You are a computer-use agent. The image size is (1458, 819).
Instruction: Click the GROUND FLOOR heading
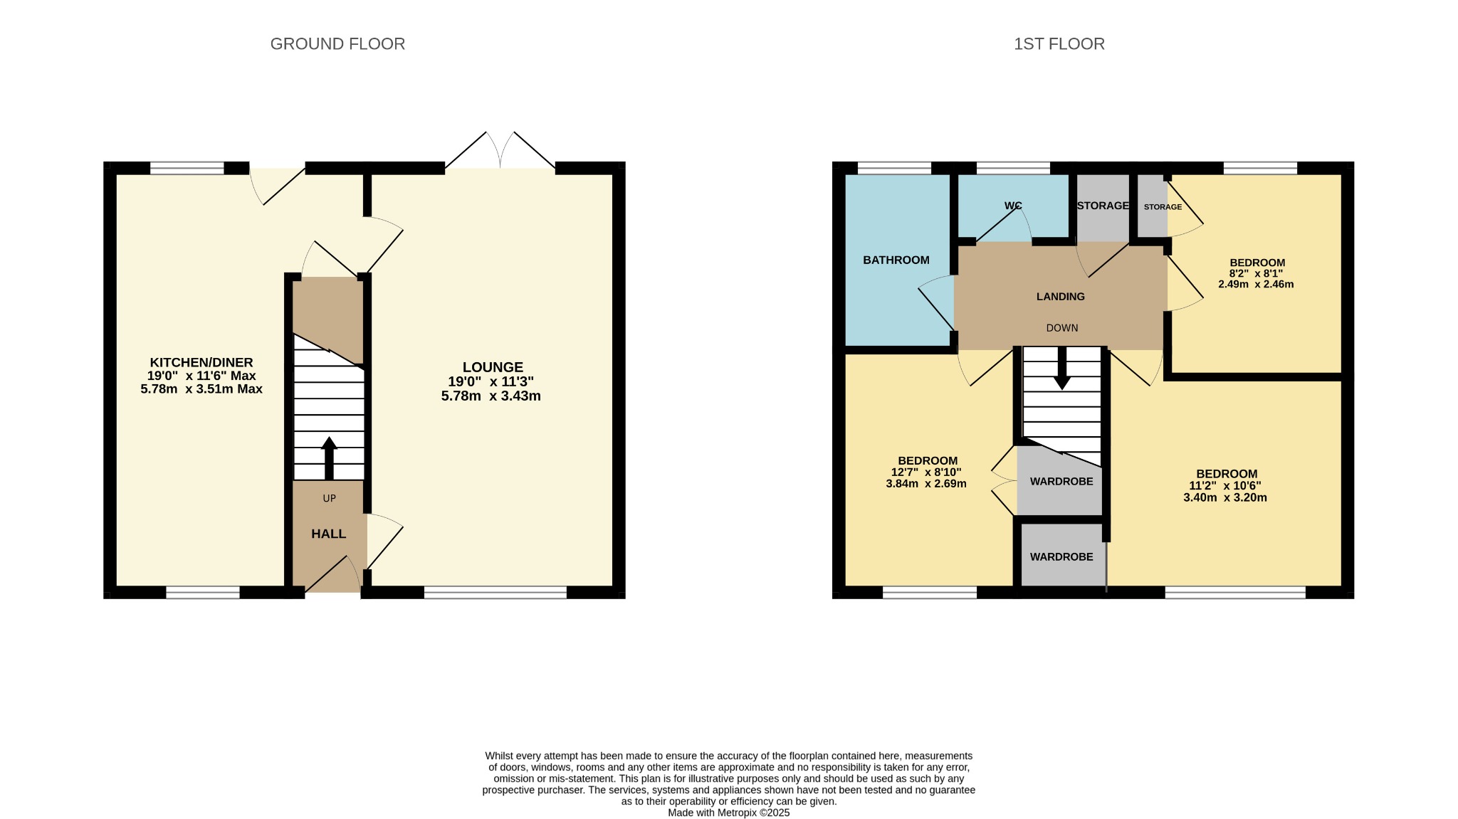pyautogui.click(x=337, y=44)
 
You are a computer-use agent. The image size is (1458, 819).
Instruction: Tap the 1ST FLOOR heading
pyautogui.click(x=1059, y=44)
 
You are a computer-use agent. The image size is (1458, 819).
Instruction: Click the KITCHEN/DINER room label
pyautogui.click(x=201, y=363)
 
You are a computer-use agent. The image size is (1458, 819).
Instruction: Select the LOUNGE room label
pyautogui.click(x=493, y=367)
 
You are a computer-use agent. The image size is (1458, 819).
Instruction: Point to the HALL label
pyautogui.click(x=328, y=534)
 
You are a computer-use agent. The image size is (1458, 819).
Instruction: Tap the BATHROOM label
pyautogui.click(x=896, y=260)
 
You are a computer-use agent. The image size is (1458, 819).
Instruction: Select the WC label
pyautogui.click(x=1013, y=206)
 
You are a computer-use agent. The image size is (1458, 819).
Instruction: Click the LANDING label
pyautogui.click(x=1060, y=297)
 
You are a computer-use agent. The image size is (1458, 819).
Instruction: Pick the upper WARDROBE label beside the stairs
pyautogui.click(x=1061, y=482)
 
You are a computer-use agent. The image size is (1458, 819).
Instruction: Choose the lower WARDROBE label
pyautogui.click(x=1061, y=557)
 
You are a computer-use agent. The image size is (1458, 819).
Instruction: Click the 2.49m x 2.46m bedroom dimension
pyautogui.click(x=1255, y=284)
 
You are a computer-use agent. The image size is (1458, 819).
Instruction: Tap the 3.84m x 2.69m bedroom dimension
pyautogui.click(x=925, y=484)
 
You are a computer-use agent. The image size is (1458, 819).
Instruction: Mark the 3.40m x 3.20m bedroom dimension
pyautogui.click(x=1224, y=497)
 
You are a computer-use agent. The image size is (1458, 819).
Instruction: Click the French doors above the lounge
pyautogui.click(x=500, y=152)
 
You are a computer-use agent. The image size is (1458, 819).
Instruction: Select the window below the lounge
pyautogui.click(x=495, y=592)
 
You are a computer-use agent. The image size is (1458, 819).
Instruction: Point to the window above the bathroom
pyautogui.click(x=894, y=168)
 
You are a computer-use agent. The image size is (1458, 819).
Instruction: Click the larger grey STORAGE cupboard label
pyautogui.click(x=1102, y=206)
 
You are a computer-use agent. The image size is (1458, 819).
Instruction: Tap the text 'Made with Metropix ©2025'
pyautogui.click(x=728, y=813)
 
